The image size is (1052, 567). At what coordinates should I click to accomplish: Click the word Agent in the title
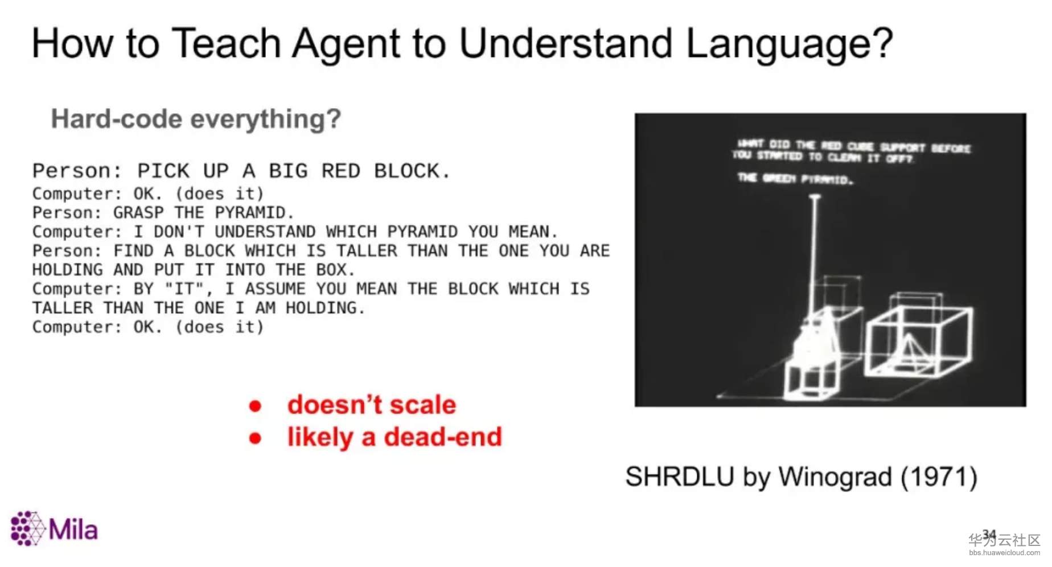(346, 44)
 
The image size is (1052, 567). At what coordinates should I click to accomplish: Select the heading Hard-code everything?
(196, 119)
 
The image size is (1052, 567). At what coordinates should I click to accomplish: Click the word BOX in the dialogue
(331, 269)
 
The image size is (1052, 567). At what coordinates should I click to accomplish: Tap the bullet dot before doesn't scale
(255, 406)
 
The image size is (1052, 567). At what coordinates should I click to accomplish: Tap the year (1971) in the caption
(939, 476)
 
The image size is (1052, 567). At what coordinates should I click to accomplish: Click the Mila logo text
(73, 530)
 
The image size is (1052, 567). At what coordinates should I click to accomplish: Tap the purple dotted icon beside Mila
(27, 528)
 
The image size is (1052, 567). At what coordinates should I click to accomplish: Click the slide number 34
(989, 534)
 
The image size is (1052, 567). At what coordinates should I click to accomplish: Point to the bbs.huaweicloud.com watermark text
(1004, 553)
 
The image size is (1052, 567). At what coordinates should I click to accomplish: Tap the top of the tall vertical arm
(815, 198)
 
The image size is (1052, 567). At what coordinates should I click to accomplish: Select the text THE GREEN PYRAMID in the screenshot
(795, 179)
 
